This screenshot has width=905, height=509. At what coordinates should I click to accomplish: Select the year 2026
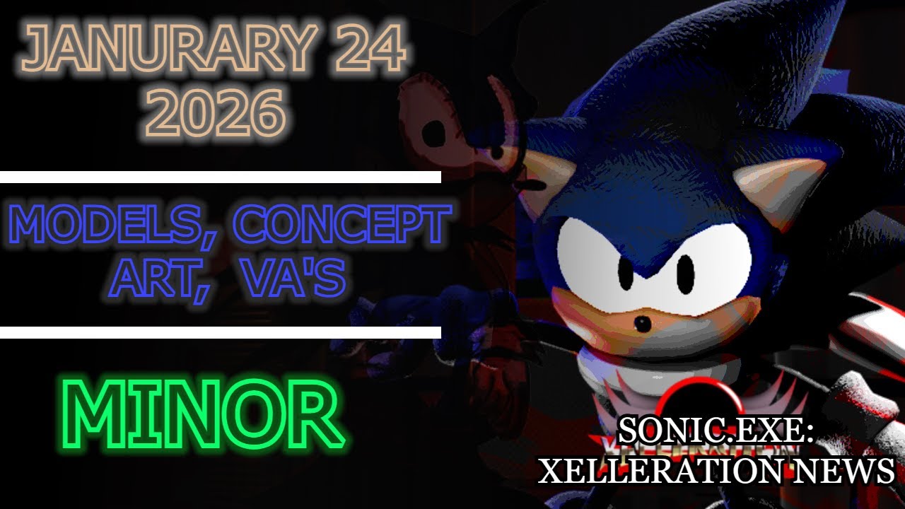216,113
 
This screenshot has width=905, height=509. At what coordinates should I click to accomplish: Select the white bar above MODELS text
221,177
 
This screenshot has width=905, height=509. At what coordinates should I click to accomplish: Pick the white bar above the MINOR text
221,332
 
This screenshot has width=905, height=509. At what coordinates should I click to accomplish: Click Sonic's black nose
642,324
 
